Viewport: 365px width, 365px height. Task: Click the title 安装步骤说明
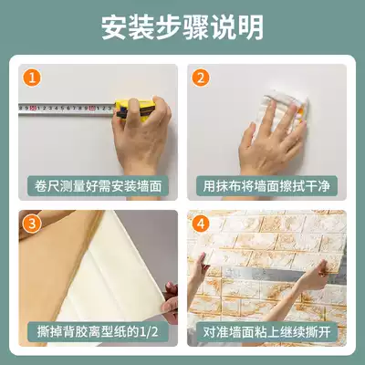click(182, 27)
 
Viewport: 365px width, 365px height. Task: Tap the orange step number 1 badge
click(32, 78)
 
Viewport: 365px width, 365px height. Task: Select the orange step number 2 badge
click(201, 78)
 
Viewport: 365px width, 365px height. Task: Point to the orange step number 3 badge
click(32, 224)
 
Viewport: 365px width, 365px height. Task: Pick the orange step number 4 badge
click(201, 224)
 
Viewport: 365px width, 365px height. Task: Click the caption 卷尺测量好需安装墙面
click(98, 186)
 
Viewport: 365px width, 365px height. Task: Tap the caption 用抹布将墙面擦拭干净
click(266, 186)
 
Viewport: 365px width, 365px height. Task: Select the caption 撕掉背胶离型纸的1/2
click(98, 332)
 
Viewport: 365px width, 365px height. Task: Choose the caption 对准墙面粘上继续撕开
click(266, 332)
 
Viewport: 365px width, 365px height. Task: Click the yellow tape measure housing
click(135, 109)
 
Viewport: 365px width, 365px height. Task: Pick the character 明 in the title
click(251, 27)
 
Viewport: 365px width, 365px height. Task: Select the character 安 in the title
click(114, 27)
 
